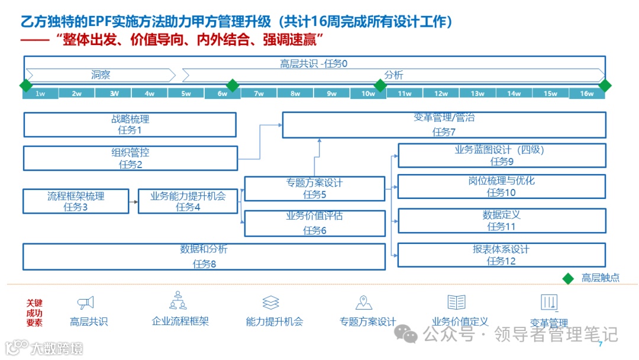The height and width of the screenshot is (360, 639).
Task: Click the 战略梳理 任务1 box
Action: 130,124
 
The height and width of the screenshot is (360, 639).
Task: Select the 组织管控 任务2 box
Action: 130,158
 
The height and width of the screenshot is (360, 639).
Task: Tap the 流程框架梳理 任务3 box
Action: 76,201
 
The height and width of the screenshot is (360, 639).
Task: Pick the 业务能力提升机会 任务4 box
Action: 188,201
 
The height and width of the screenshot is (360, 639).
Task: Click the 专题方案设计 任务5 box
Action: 315,188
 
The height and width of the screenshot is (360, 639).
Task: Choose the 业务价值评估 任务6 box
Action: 315,223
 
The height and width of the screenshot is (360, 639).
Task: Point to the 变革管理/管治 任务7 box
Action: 444,124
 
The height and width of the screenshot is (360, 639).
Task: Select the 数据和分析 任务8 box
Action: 204,256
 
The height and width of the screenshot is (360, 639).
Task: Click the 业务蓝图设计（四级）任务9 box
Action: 502,155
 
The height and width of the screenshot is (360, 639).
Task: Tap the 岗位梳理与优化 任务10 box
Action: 502,187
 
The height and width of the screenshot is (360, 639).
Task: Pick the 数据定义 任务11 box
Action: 502,220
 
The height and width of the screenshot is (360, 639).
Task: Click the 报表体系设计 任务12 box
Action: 502,255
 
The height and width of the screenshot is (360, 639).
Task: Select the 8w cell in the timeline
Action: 296,94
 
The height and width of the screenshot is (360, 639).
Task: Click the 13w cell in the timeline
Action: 477,94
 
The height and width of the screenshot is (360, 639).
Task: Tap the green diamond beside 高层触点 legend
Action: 568,278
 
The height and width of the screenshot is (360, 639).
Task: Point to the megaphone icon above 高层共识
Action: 86,303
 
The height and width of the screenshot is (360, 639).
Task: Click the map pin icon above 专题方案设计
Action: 363,303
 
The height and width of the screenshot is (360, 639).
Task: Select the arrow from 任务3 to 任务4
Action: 133,202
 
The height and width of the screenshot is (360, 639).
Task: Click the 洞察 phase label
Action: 101,75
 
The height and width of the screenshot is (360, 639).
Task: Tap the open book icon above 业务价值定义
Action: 456,303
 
